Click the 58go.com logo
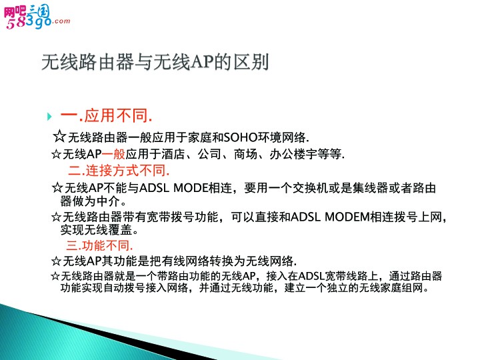click(37, 17)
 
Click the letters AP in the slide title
click(202, 62)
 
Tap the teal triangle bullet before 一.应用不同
click(49, 117)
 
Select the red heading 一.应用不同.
click(106, 116)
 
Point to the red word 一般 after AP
click(113, 154)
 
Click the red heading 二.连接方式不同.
click(119, 171)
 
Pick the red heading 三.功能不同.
click(99, 245)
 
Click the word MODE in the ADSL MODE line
click(191, 188)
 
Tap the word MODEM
click(347, 217)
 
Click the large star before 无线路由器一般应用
click(59, 136)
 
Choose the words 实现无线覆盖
click(96, 230)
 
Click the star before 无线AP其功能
click(56, 261)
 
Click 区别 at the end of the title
click(251, 62)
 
